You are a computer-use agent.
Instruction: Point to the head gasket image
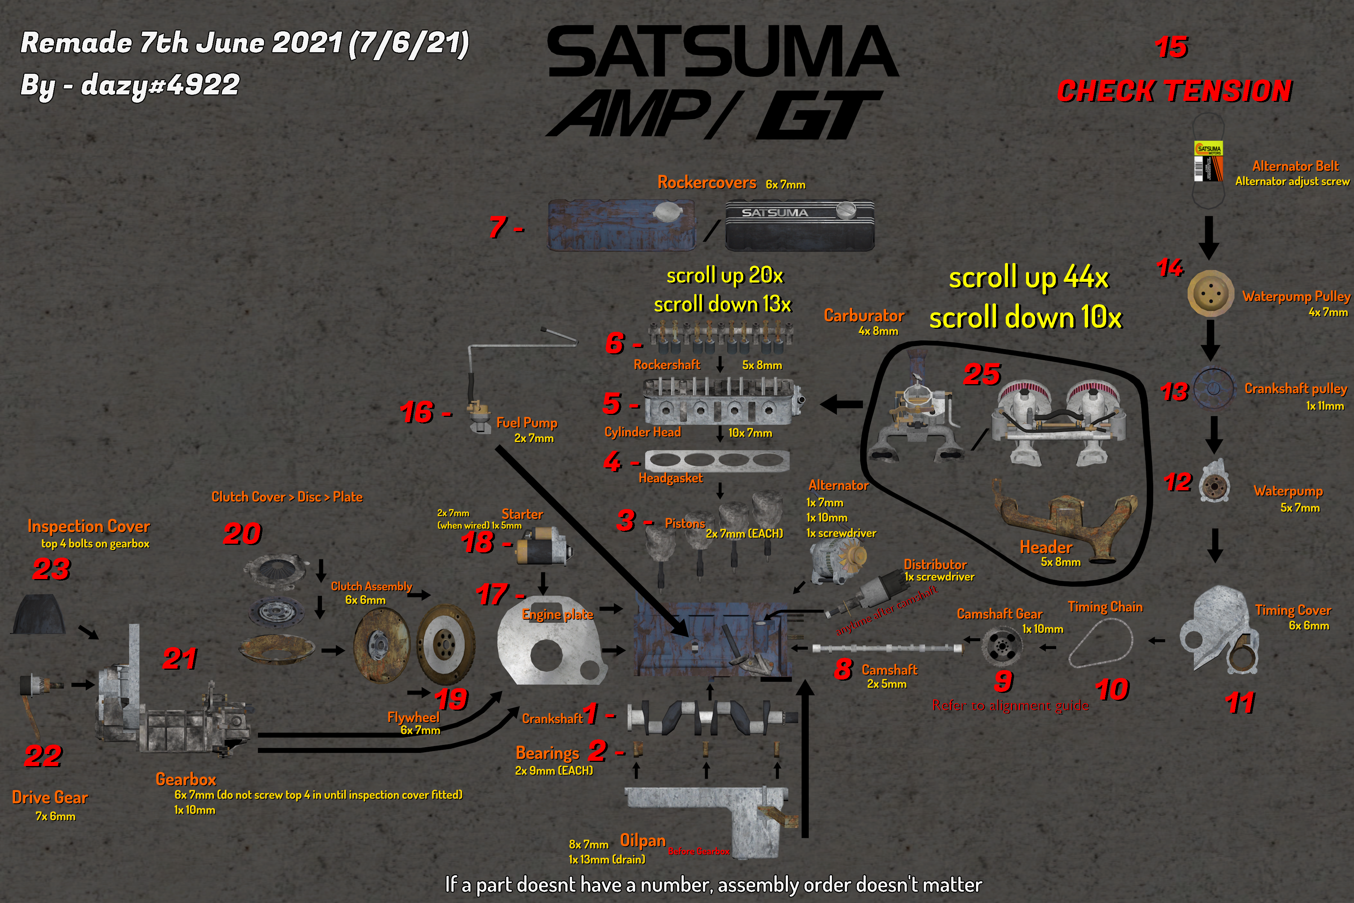(x=717, y=460)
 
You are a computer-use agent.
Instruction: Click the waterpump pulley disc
(x=1211, y=294)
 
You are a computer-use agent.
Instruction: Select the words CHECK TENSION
(x=1174, y=91)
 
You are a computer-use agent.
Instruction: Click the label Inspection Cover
(x=89, y=526)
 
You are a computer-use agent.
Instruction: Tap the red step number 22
(x=43, y=756)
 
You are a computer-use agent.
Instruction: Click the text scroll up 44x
(x=1028, y=278)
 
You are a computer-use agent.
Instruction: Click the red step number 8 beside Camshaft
(x=843, y=669)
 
